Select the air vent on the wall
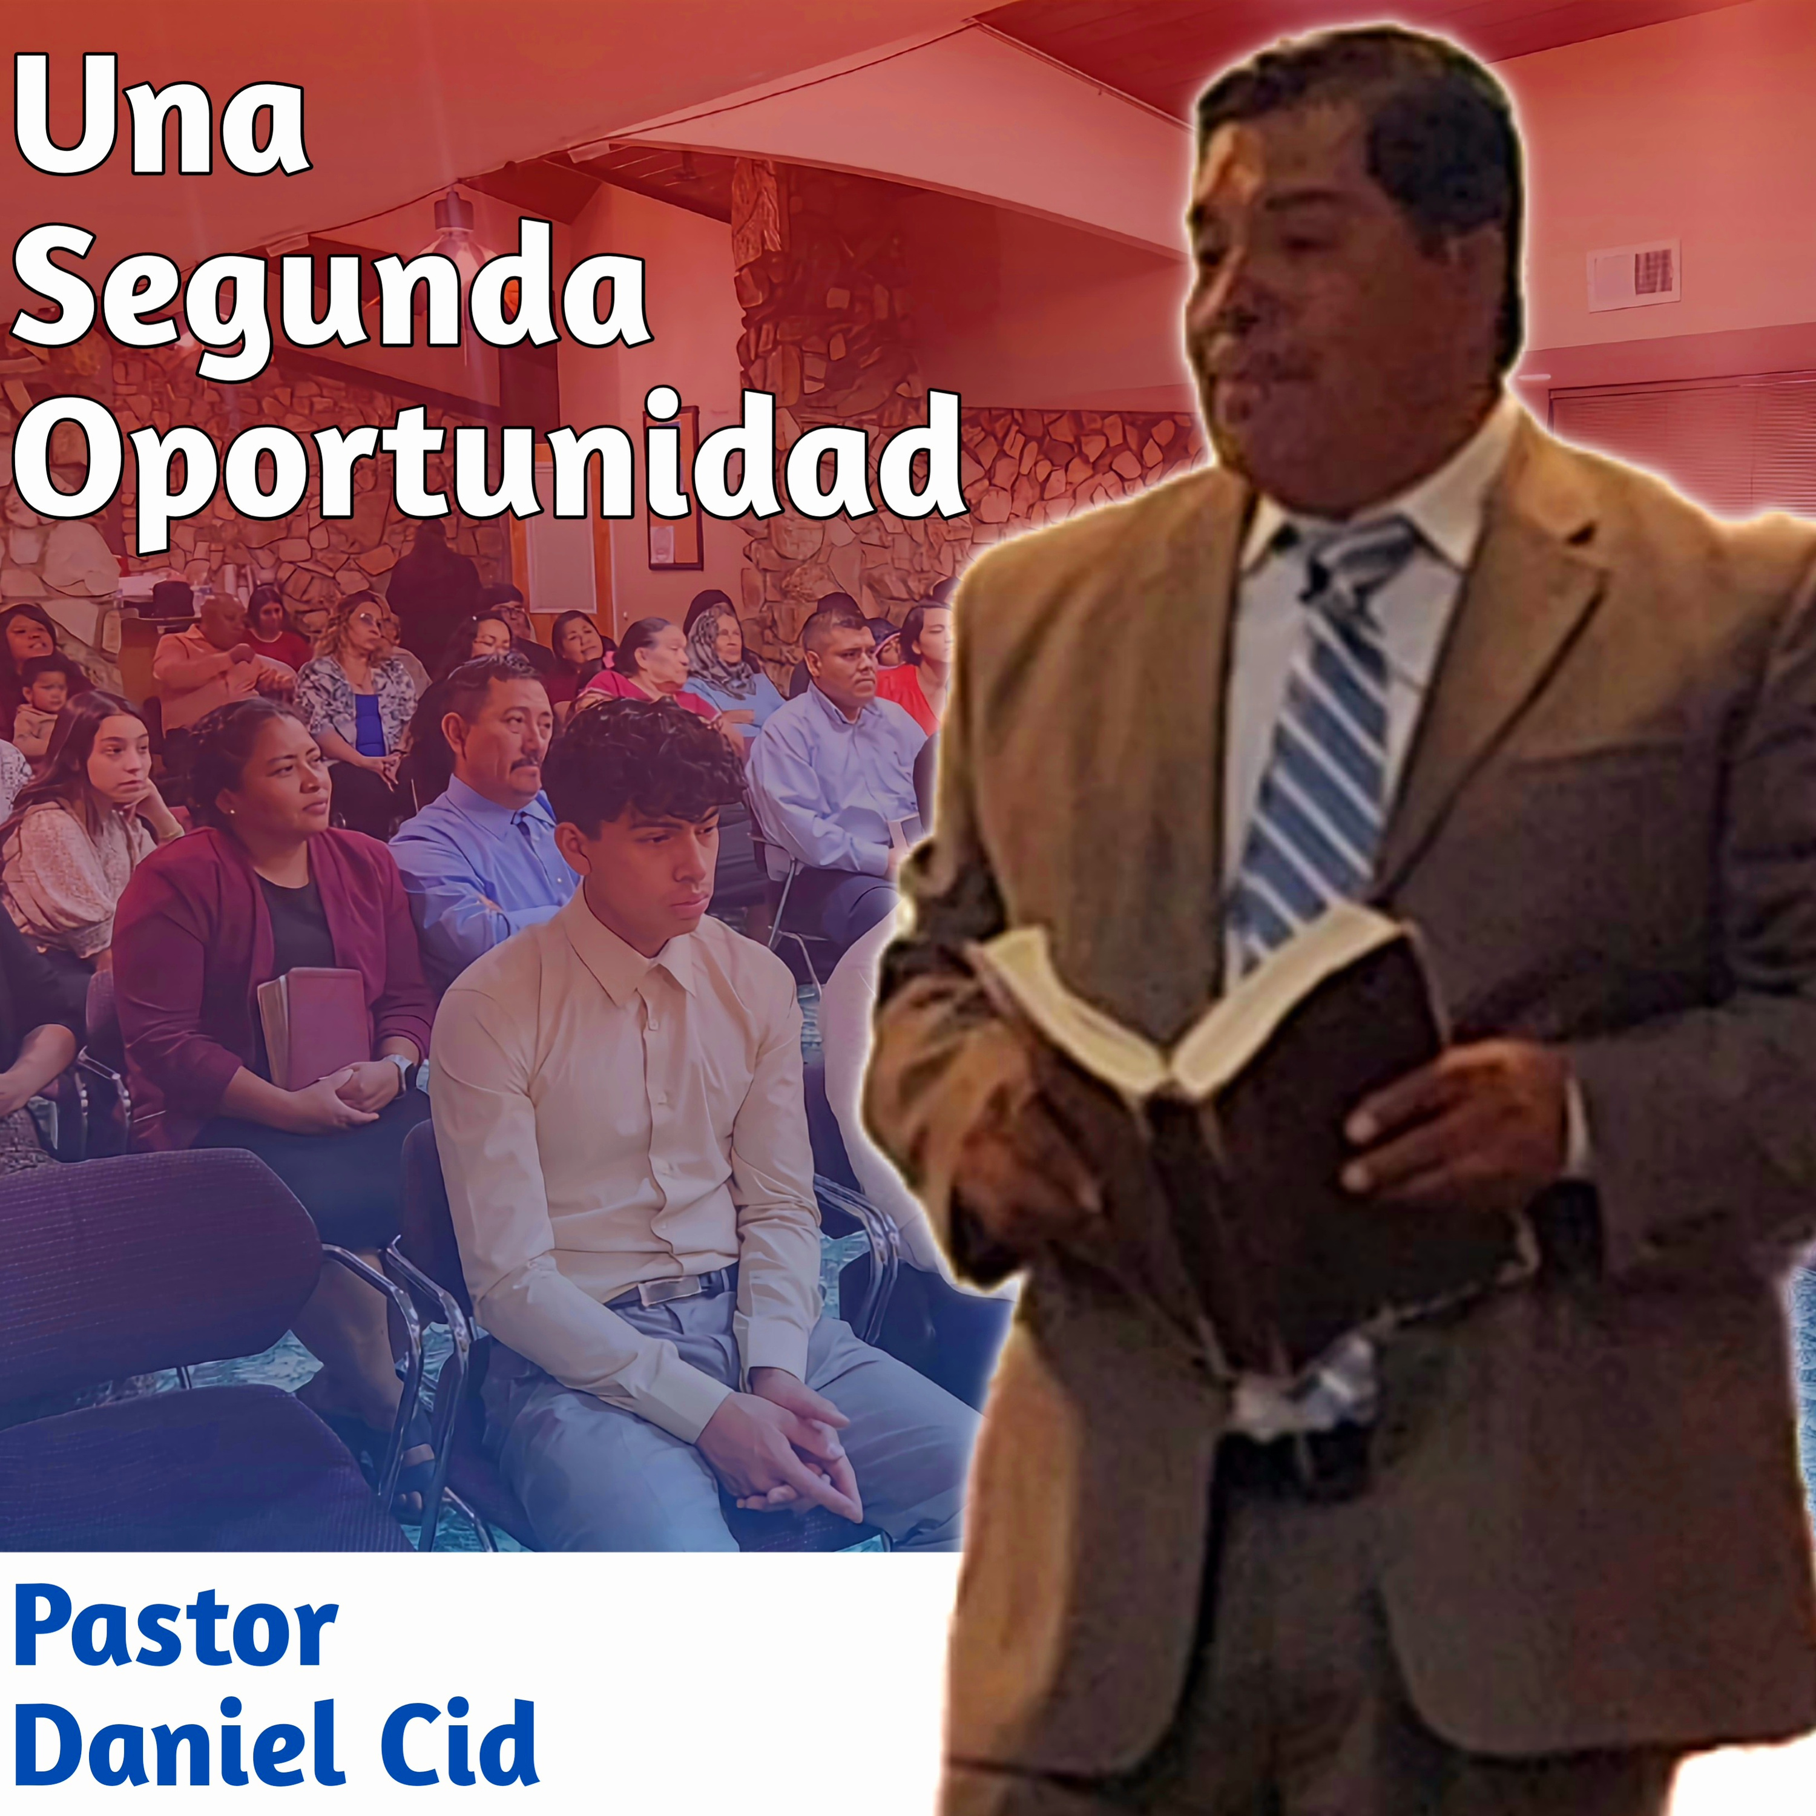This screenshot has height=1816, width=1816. tap(1633, 274)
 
